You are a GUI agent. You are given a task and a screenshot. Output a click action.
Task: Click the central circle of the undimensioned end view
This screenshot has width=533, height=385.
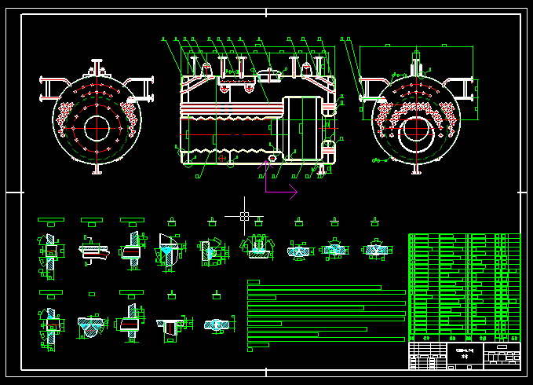(x=97, y=127)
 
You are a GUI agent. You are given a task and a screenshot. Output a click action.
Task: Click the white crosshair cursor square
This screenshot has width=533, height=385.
(x=244, y=215)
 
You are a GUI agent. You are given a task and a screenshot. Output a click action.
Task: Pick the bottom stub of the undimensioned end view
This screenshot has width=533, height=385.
(x=97, y=168)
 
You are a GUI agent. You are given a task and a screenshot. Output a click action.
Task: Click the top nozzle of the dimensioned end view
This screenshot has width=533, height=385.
(x=416, y=59)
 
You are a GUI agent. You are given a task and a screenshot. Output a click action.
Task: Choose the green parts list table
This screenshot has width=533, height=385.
(x=464, y=286)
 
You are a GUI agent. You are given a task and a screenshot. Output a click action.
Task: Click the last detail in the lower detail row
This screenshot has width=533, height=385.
(x=217, y=323)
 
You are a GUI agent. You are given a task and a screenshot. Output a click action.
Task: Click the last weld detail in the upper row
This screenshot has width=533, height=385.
(x=374, y=249)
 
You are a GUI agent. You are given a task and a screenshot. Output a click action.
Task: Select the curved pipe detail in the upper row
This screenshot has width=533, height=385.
(x=92, y=251)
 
